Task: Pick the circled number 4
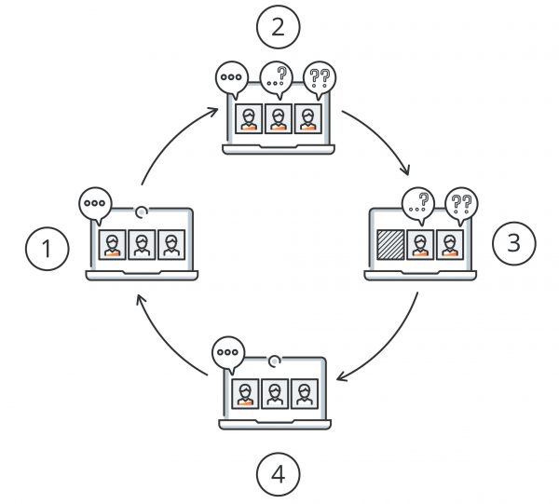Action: (x=277, y=476)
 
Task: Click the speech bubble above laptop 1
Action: (x=95, y=203)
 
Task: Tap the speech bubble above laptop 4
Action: (x=227, y=353)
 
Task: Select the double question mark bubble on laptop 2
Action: (x=320, y=78)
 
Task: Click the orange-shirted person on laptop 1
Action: (x=113, y=245)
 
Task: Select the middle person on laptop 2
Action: (x=277, y=118)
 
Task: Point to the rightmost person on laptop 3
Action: (x=450, y=245)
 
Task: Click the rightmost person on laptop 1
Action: (x=170, y=245)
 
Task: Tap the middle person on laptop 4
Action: (x=275, y=395)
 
